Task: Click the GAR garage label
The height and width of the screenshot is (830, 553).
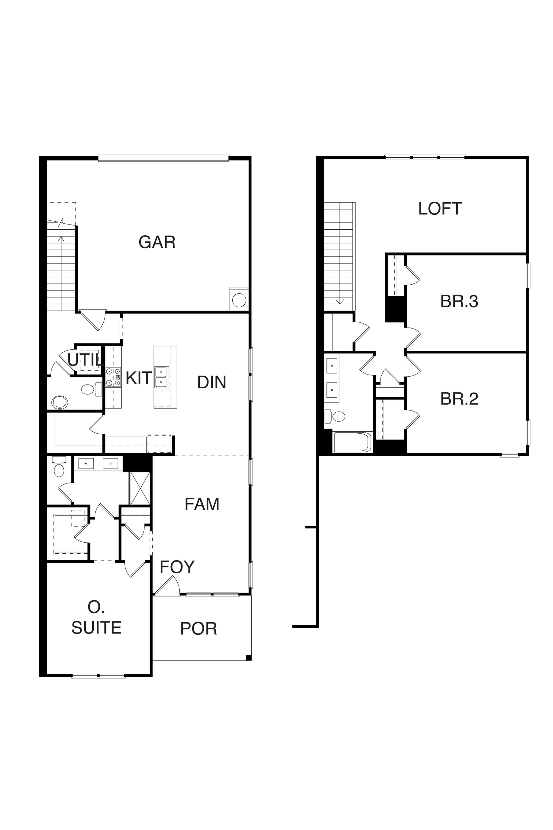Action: pyautogui.click(x=157, y=242)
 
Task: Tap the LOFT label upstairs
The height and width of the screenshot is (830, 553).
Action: pyautogui.click(x=440, y=209)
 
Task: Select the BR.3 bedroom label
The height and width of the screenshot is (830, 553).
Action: pyautogui.click(x=459, y=301)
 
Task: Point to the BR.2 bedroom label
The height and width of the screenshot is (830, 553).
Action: pyautogui.click(x=459, y=399)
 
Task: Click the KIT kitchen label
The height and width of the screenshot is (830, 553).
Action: pyautogui.click(x=139, y=378)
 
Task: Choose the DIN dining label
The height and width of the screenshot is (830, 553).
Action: pyautogui.click(x=212, y=382)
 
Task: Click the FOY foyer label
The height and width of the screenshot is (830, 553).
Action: pyautogui.click(x=177, y=567)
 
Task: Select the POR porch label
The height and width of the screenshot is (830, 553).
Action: pyautogui.click(x=198, y=628)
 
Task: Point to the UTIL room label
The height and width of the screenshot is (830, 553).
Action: pyautogui.click(x=85, y=360)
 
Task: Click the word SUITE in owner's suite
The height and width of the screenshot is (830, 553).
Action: pyautogui.click(x=96, y=628)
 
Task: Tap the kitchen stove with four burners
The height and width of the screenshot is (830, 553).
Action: pyautogui.click(x=113, y=377)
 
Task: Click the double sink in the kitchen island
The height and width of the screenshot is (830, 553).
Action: pyautogui.click(x=161, y=378)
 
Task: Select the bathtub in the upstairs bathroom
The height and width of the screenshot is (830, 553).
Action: pyautogui.click(x=352, y=442)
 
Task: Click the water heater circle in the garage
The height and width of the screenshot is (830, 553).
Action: pyautogui.click(x=239, y=300)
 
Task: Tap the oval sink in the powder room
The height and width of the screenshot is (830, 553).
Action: pyautogui.click(x=59, y=402)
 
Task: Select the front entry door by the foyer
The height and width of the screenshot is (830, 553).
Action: pyautogui.click(x=167, y=586)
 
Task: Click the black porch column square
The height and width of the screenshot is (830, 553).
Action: pyautogui.click(x=248, y=657)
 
